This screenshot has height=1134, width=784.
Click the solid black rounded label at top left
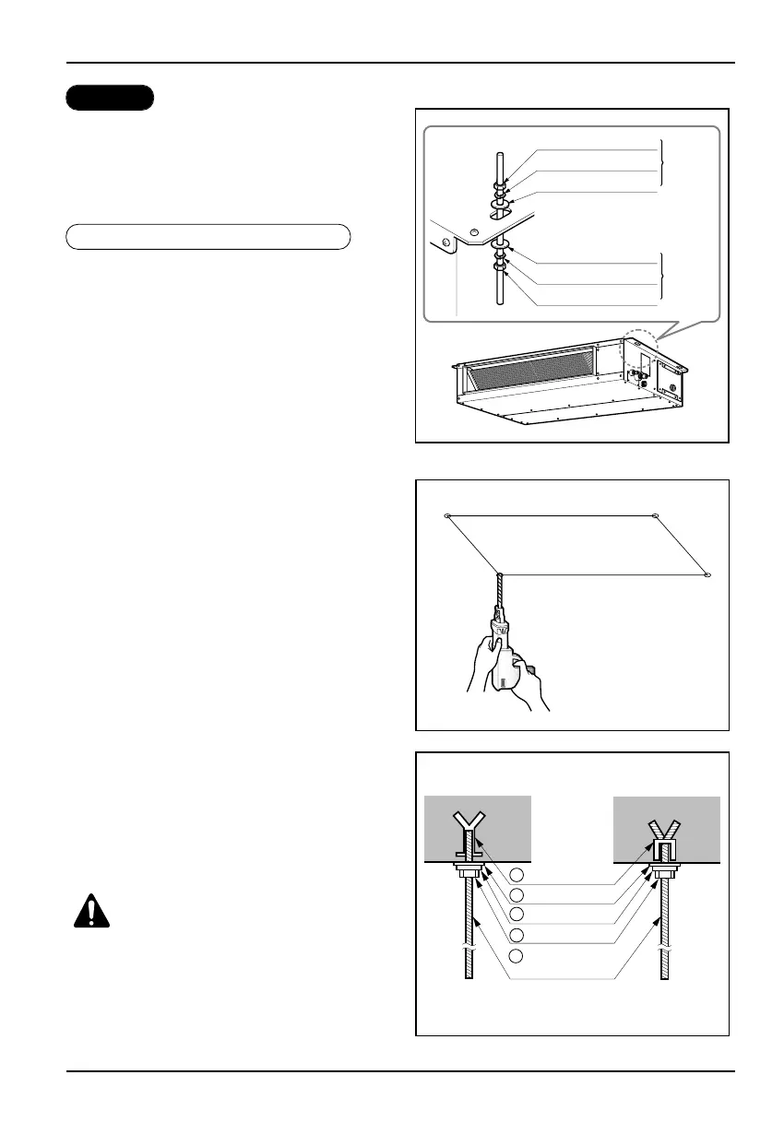(x=109, y=98)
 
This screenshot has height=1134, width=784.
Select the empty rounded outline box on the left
(x=208, y=237)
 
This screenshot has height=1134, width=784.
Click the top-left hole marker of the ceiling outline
(x=447, y=515)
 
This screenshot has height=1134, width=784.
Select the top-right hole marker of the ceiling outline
(x=654, y=515)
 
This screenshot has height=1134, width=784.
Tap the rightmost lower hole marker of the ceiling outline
(x=707, y=574)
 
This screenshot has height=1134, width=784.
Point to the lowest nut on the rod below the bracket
(x=499, y=268)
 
